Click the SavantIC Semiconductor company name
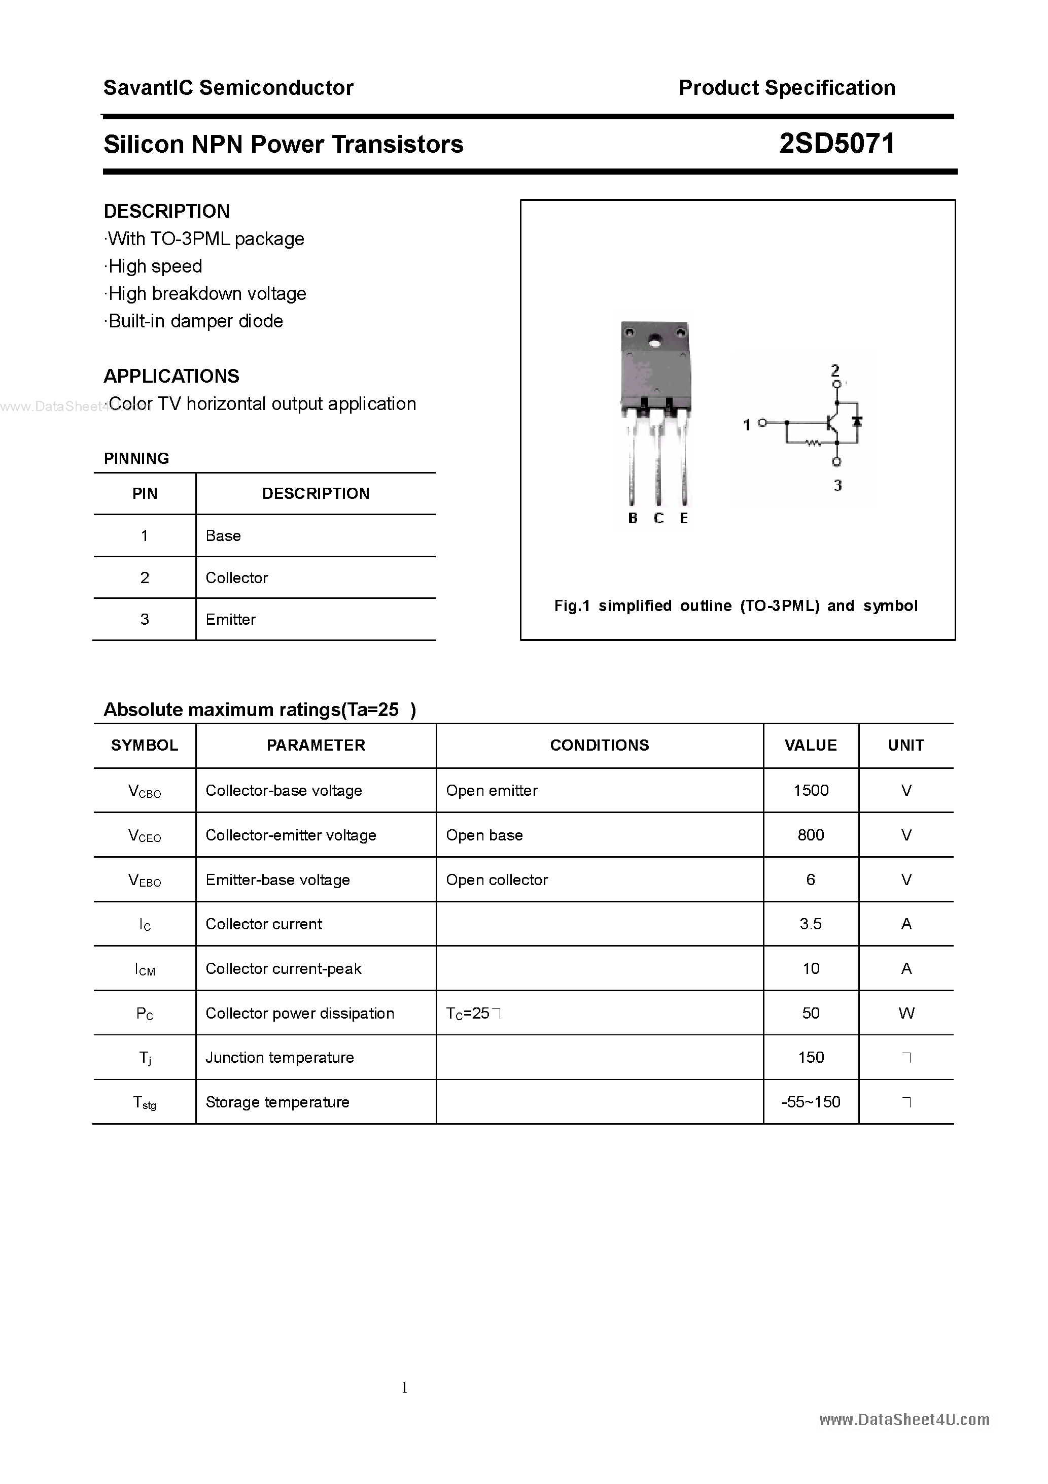pyautogui.click(x=228, y=88)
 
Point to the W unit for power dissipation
pyautogui.click(x=906, y=1014)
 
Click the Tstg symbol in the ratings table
pyautogui.click(x=145, y=1103)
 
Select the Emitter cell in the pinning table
pyautogui.click(x=231, y=620)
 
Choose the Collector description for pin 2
pyautogui.click(x=236, y=578)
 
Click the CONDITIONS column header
pyautogui.click(x=599, y=745)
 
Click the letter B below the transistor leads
pyautogui.click(x=633, y=518)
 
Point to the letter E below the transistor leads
pyautogui.click(x=684, y=518)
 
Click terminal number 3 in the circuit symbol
pyautogui.click(x=837, y=485)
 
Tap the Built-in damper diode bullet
pyautogui.click(x=194, y=321)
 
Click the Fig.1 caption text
pyautogui.click(x=736, y=606)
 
